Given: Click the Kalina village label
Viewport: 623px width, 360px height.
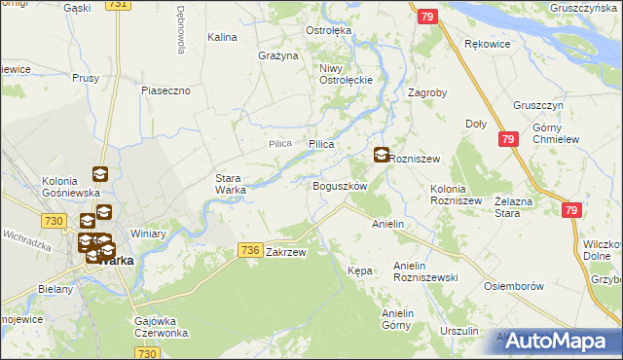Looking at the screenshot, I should tap(223, 37).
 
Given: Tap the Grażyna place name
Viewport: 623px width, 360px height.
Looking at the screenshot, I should tap(277, 55).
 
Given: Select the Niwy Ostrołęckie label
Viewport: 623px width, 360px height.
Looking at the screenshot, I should tap(340, 74).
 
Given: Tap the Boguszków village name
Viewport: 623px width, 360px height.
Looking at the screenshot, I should tap(339, 186).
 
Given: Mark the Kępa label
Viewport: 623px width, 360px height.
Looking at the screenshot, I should tap(360, 270).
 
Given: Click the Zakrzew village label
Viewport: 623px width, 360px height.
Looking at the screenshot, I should tap(286, 252).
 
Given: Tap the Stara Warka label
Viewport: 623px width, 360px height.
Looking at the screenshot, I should tap(231, 184).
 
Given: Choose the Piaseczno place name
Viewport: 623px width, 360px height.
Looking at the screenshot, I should tap(171, 90).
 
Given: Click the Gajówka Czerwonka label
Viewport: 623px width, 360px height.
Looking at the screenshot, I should tap(161, 327).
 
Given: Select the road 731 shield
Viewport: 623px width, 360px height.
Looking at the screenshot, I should tap(119, 5).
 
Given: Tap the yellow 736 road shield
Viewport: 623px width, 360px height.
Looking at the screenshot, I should tap(249, 251).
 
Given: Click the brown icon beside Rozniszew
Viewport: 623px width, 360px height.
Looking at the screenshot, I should tap(381, 154).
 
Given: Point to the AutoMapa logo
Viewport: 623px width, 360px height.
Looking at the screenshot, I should tap(558, 341).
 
